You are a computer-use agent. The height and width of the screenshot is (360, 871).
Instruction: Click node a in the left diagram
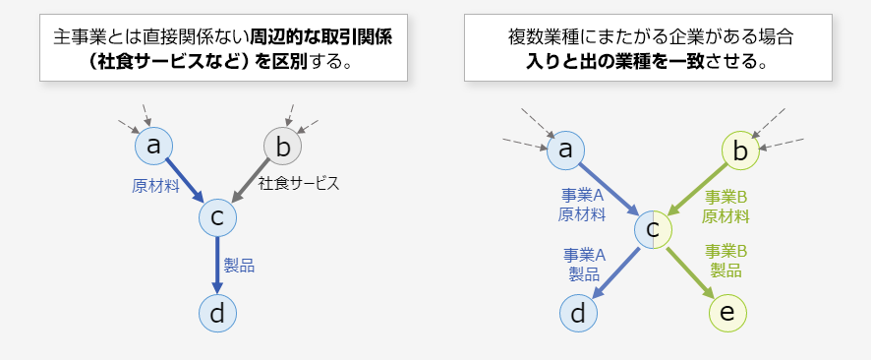pyautogui.click(x=153, y=146)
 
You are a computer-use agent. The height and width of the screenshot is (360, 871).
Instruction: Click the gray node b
pyautogui.click(x=282, y=147)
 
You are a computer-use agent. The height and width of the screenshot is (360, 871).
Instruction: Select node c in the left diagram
pyautogui.click(x=217, y=217)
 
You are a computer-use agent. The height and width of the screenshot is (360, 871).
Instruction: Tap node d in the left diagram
pyautogui.click(x=217, y=313)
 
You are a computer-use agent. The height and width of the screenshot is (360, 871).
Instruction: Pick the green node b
pyautogui.click(x=740, y=150)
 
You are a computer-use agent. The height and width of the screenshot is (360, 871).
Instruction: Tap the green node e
pyautogui.click(x=727, y=313)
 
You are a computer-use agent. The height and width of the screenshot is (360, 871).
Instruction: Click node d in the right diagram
pyautogui.click(x=579, y=313)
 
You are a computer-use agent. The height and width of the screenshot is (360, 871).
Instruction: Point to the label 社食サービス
pyautogui.click(x=299, y=183)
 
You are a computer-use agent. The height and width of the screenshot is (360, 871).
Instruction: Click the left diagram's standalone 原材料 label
pyautogui.click(x=155, y=184)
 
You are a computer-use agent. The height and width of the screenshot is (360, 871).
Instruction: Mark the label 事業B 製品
pyautogui.click(x=728, y=260)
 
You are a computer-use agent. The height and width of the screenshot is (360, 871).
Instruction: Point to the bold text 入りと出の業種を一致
pyautogui.click(x=615, y=62)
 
